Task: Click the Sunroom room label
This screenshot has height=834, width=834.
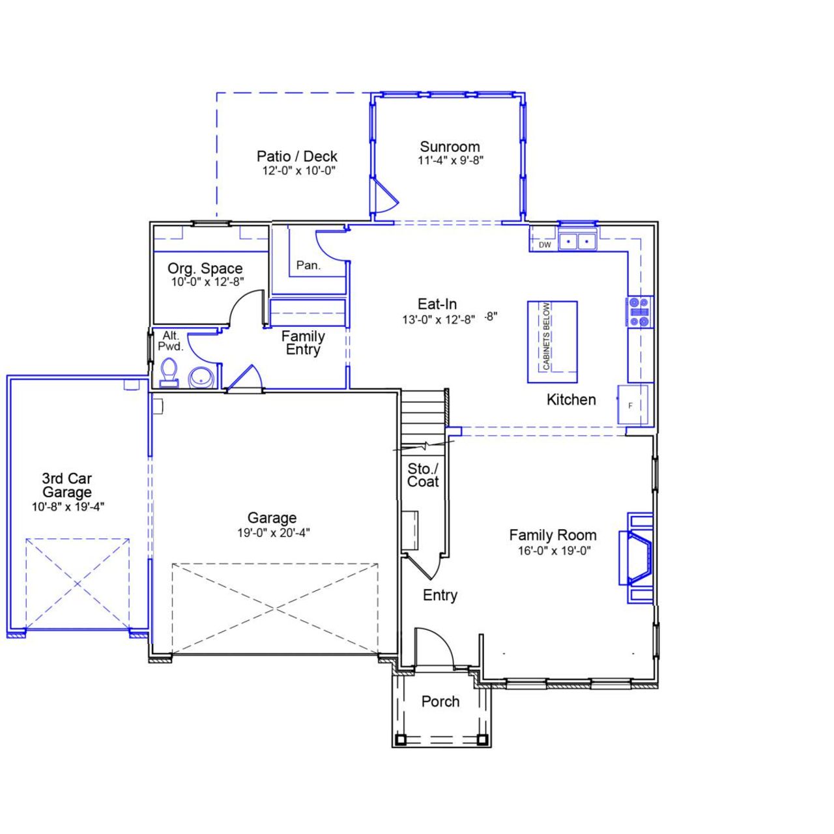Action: click(x=450, y=147)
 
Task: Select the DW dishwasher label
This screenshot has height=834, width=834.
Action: click(x=545, y=245)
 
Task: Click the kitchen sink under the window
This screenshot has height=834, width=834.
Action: click(x=578, y=242)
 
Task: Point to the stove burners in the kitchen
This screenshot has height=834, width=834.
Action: click(x=639, y=311)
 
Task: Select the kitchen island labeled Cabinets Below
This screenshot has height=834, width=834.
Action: click(x=552, y=341)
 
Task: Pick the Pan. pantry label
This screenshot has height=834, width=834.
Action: click(x=308, y=265)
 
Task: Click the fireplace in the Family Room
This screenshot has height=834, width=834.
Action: click(x=639, y=558)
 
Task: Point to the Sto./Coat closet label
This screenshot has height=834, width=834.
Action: click(x=423, y=475)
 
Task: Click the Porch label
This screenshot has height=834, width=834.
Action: click(x=440, y=702)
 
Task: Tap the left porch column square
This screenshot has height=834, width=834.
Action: click(x=400, y=739)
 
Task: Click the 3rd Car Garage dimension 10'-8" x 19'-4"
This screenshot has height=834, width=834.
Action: click(x=68, y=507)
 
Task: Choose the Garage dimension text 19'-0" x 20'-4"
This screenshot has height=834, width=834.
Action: click(x=273, y=533)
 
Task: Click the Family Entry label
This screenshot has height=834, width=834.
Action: click(x=303, y=343)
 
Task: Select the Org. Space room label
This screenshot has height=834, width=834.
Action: click(x=205, y=268)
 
